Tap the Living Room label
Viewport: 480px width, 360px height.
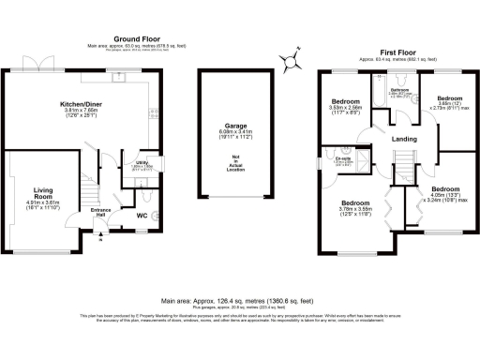(x=37, y=194)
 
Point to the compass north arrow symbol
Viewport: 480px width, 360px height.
(x=292, y=59)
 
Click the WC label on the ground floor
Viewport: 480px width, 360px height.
(x=141, y=217)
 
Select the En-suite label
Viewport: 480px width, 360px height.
(x=343, y=159)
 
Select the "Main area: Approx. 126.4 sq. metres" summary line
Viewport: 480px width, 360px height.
(x=239, y=301)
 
